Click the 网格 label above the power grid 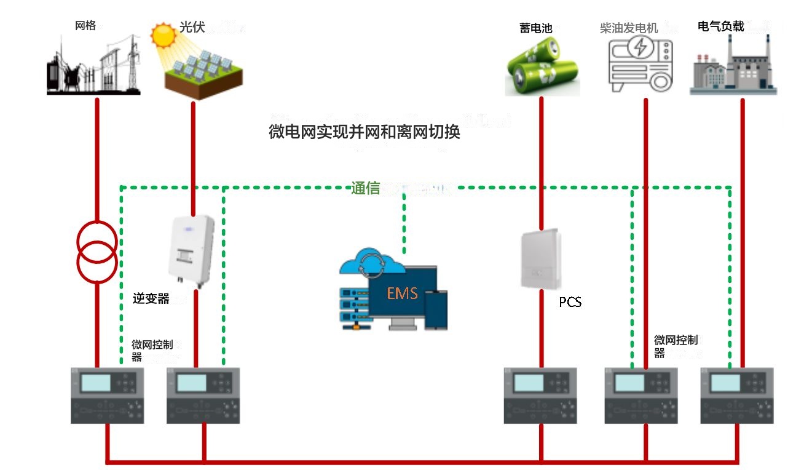pyautogui.click(x=85, y=26)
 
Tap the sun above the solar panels pyautogui.click(x=164, y=36)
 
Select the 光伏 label pyautogui.click(x=192, y=28)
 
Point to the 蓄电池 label pyautogui.click(x=536, y=28)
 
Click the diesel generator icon pyautogui.click(x=639, y=64)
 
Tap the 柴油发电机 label pyautogui.click(x=629, y=28)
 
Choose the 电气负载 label pyautogui.click(x=721, y=26)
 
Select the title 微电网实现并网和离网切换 pyautogui.click(x=365, y=132)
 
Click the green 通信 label pyautogui.click(x=366, y=188)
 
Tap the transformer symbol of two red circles pyautogui.click(x=97, y=250)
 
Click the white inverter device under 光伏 pyautogui.click(x=191, y=250)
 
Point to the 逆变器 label pyautogui.click(x=151, y=299)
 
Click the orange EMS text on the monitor pyautogui.click(x=403, y=293)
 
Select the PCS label pyautogui.click(x=570, y=302)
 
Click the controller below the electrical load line pyautogui.click(x=737, y=395)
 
